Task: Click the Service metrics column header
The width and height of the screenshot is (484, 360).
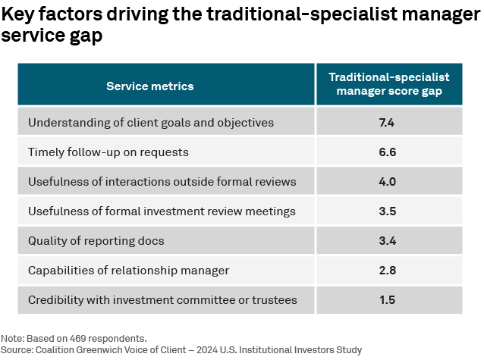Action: [x=149, y=86]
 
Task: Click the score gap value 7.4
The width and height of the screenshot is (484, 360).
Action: [x=388, y=122]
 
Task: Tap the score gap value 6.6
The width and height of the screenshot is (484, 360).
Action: [x=388, y=152]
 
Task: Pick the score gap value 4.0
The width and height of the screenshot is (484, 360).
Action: [x=388, y=181]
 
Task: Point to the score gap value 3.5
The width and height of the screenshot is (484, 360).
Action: [x=388, y=211]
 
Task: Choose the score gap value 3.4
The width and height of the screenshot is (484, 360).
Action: [x=388, y=241]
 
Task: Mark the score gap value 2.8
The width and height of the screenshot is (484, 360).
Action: [x=388, y=271]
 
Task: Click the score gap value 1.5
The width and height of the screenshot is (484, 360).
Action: [x=388, y=300]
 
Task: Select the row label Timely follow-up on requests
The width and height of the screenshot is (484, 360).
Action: [x=108, y=152]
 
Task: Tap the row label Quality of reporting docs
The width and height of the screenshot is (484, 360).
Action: [x=96, y=241]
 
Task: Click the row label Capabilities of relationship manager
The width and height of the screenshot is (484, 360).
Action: [x=127, y=271]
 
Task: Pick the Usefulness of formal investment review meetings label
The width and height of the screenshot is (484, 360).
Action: [x=162, y=211]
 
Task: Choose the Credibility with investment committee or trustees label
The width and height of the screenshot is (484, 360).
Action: [x=162, y=300]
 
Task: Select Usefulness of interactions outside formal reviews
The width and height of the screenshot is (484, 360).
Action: [x=162, y=181]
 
